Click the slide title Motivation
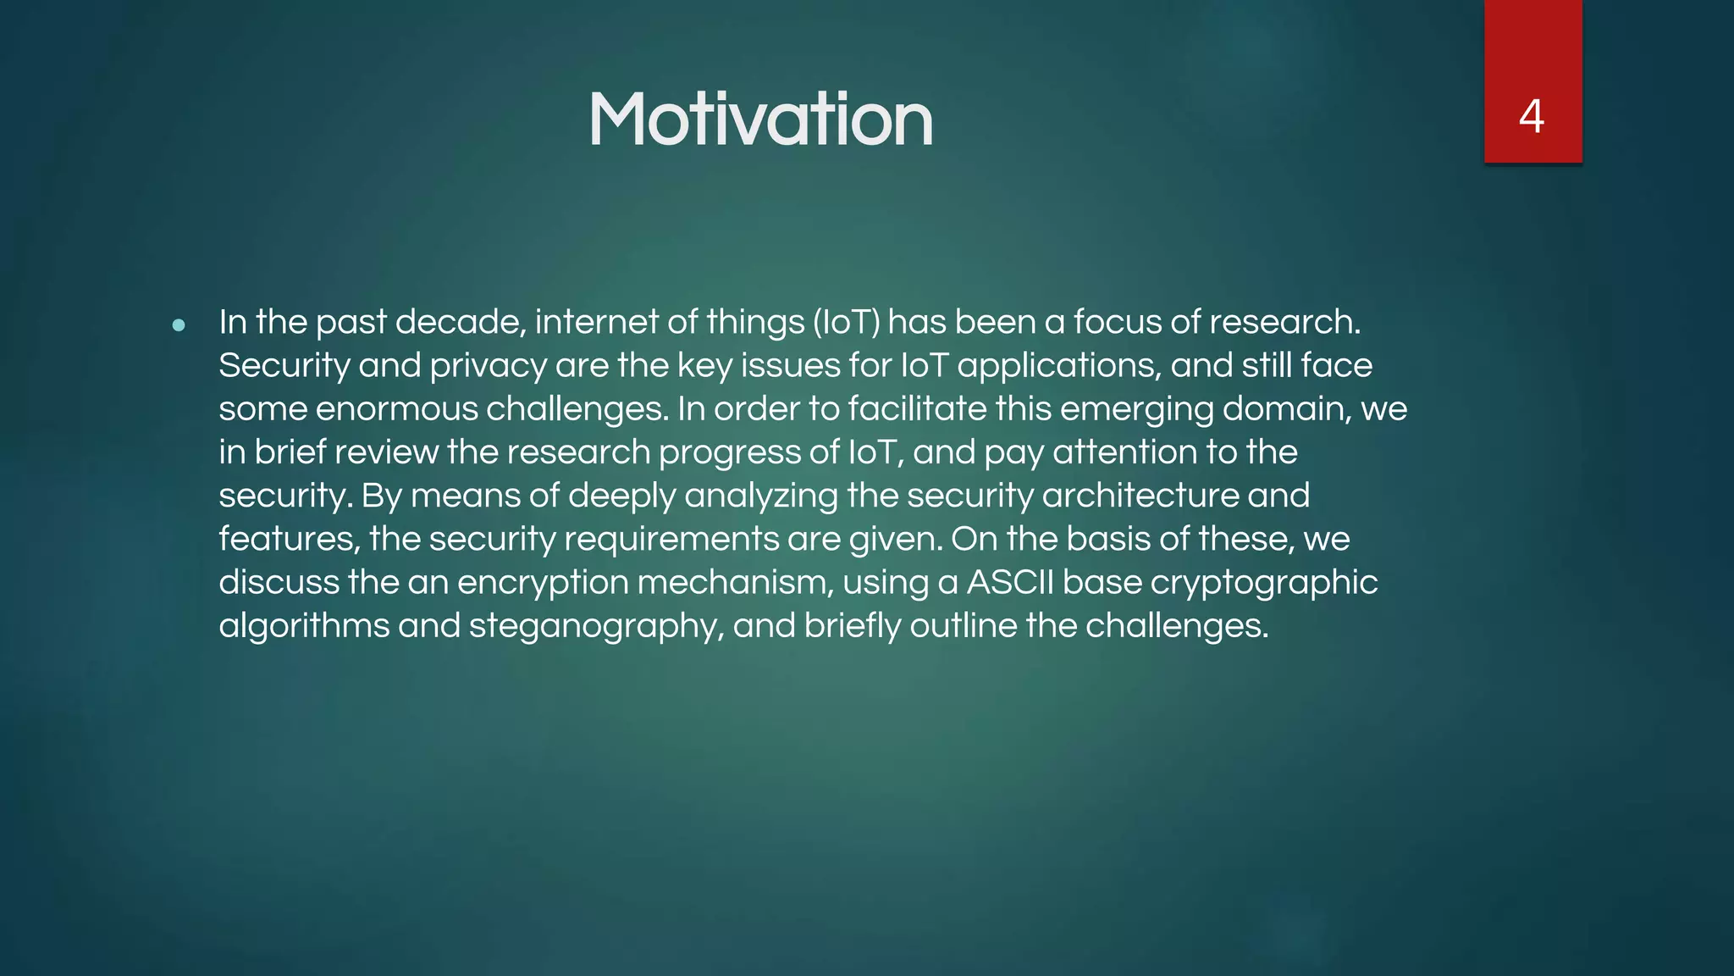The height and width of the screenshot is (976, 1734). [x=760, y=119]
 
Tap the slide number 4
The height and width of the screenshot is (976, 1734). [x=1532, y=116]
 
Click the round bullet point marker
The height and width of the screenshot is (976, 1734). [x=179, y=324]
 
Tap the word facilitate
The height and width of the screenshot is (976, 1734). [x=917, y=409]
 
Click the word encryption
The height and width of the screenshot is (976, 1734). [x=542, y=583]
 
